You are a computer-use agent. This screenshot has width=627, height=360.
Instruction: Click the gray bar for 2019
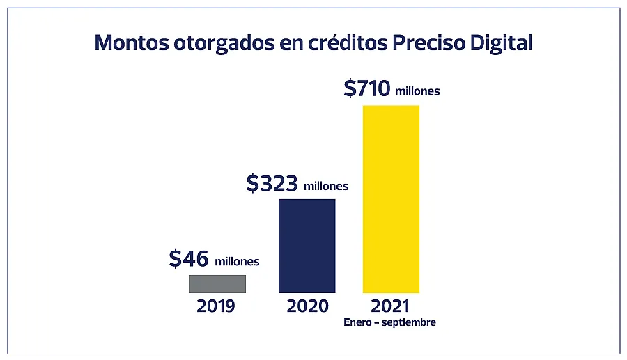pyautogui.click(x=217, y=284)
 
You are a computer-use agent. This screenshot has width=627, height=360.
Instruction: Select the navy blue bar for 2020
pyautogui.click(x=307, y=246)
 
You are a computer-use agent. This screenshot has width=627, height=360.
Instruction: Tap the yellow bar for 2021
pyautogui.click(x=391, y=199)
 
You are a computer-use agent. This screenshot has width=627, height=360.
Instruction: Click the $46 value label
pyautogui.click(x=189, y=259)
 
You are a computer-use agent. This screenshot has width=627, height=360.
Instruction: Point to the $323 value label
pyautogui.click(x=272, y=183)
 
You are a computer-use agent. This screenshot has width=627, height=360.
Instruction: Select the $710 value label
pyautogui.click(x=367, y=88)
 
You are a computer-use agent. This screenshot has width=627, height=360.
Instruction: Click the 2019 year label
pyautogui.click(x=216, y=306)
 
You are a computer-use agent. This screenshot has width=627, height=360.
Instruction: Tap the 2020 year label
pyautogui.click(x=307, y=306)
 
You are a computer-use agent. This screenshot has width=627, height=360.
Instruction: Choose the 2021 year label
pyautogui.click(x=390, y=306)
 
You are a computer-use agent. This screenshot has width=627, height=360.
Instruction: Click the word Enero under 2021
pyautogui.click(x=357, y=323)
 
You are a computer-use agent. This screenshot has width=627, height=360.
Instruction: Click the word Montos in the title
pyautogui.click(x=127, y=42)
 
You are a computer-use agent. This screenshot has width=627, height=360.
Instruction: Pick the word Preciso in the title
pyautogui.click(x=427, y=42)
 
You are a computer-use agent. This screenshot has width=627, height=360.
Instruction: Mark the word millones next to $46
pyautogui.click(x=237, y=262)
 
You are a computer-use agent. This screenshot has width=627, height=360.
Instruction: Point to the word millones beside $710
pyautogui.click(x=417, y=91)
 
